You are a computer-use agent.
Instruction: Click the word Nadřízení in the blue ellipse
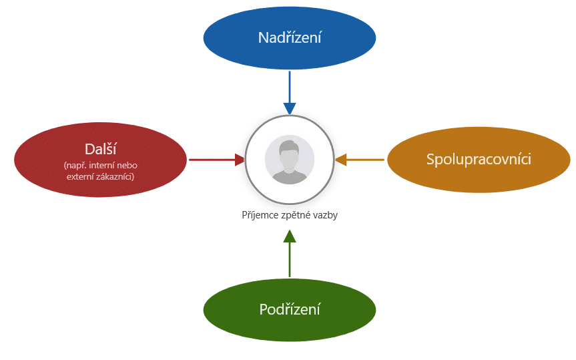[290, 37]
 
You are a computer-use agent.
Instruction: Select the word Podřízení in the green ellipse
[290, 309]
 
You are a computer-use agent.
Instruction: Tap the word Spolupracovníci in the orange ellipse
[479, 159]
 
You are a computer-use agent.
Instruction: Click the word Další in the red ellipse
[100, 149]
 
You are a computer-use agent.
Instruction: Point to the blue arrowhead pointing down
[290, 109]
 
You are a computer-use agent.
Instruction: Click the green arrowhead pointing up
[290, 236]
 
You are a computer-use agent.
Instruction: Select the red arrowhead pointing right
[240, 160]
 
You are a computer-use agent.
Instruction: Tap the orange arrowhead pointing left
[341, 160]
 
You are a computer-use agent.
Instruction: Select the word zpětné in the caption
[294, 215]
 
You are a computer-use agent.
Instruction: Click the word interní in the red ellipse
[101, 166]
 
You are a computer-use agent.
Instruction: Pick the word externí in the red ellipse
[79, 176]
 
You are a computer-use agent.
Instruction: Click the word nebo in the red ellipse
[127, 166]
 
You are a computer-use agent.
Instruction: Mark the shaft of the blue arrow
[290, 87]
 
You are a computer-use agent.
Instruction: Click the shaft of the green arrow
[290, 260]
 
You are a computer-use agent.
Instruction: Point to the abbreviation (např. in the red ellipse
[75, 166]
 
